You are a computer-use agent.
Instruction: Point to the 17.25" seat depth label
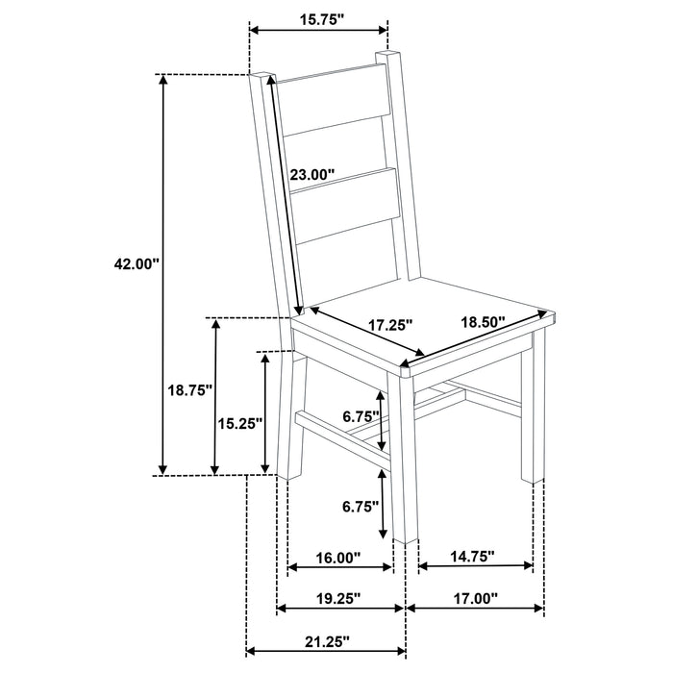pyautogui.click(x=390, y=325)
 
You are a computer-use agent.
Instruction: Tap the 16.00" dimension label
pyautogui.click(x=336, y=557)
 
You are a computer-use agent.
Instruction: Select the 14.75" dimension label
pyautogui.click(x=471, y=555)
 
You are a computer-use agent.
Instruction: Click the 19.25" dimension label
pyautogui.click(x=336, y=597)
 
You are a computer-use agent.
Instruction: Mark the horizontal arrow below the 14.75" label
pyautogui.click(x=477, y=566)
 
